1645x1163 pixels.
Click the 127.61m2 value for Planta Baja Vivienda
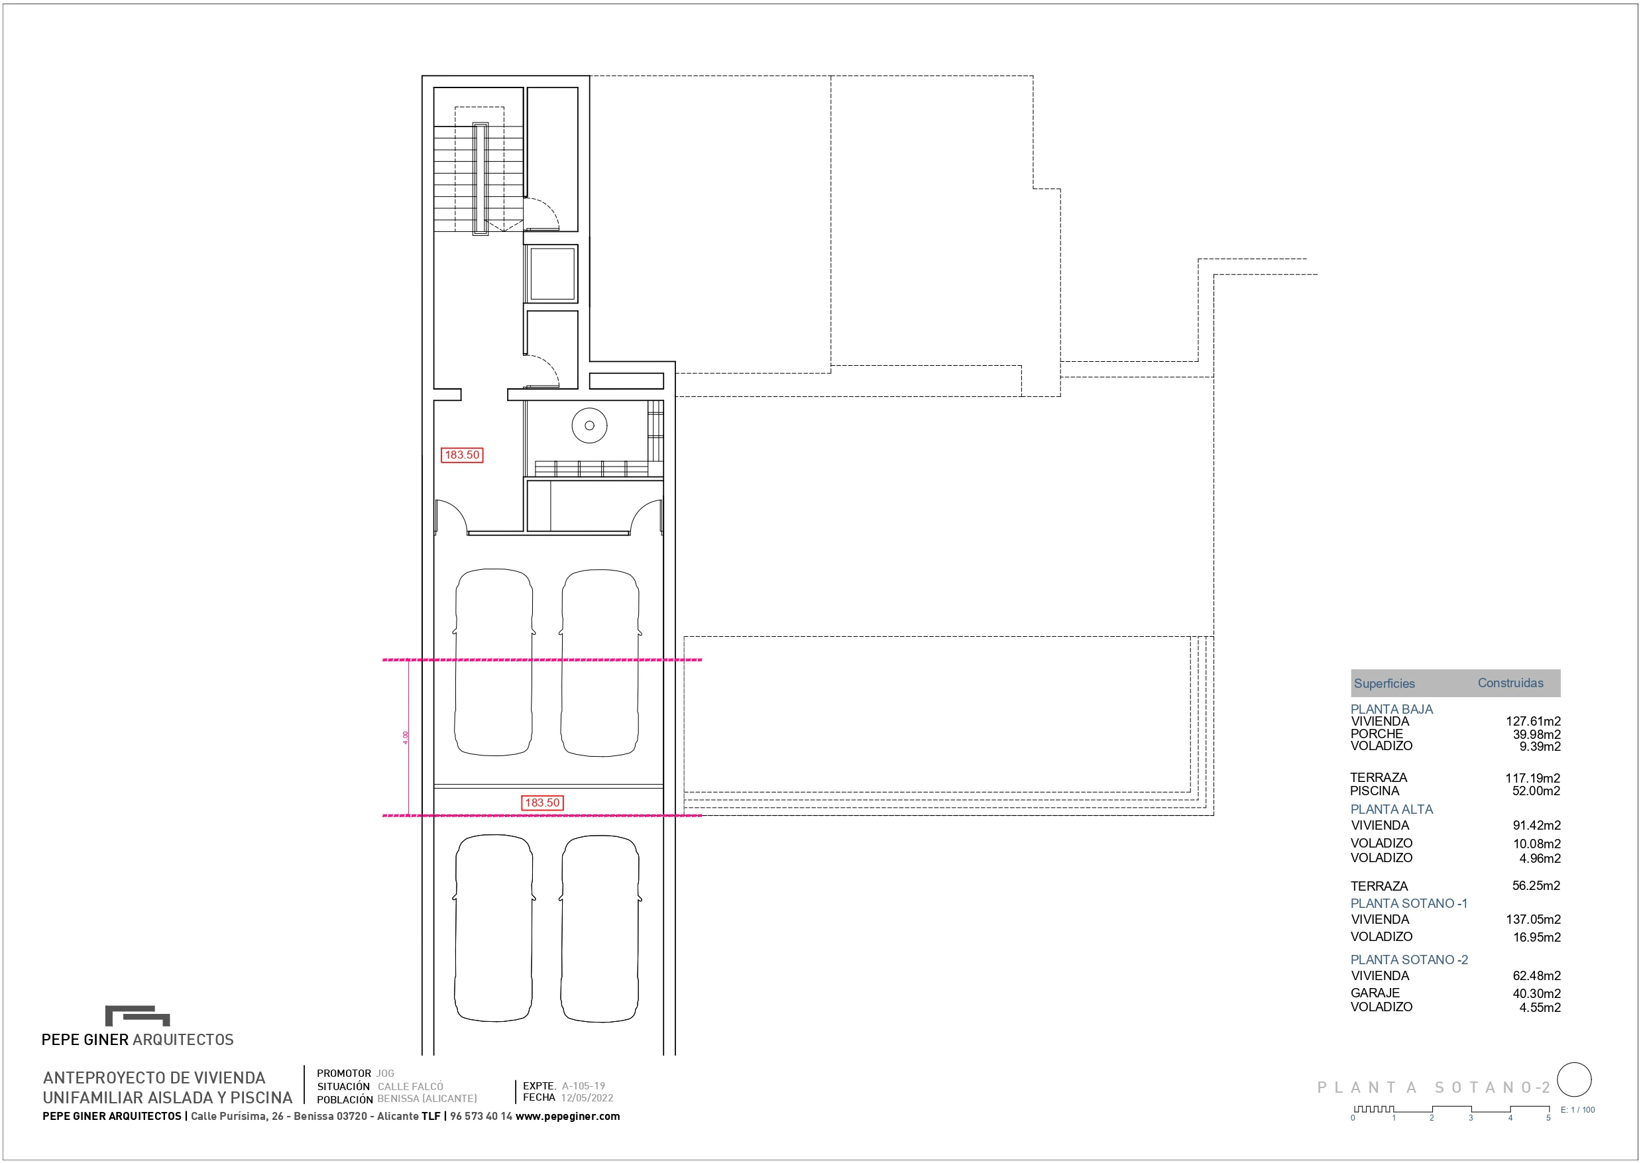coord(1532,722)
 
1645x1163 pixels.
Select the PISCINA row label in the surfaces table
coord(1374,791)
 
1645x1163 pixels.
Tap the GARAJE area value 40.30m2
coord(1536,993)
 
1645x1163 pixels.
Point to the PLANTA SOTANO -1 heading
coord(1408,904)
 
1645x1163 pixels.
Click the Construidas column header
coord(1510,683)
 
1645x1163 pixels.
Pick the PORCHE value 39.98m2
coord(1536,734)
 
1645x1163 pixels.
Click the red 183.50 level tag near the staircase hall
coord(462,455)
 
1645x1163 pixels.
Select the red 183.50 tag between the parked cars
coord(542,803)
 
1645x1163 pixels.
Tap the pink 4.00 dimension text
coord(406,738)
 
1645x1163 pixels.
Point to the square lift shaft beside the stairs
coord(551,274)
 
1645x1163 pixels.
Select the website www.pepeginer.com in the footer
coord(567,1117)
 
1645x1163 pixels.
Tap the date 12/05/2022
coord(587,1098)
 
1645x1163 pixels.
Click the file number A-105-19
coord(583,1085)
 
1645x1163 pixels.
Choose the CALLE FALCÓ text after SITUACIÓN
coord(410,1086)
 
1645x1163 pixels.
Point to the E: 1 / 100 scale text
coord(1577,1110)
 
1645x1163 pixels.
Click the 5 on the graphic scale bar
coord(1548,1118)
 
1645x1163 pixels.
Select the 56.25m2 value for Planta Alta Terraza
coord(1536,886)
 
